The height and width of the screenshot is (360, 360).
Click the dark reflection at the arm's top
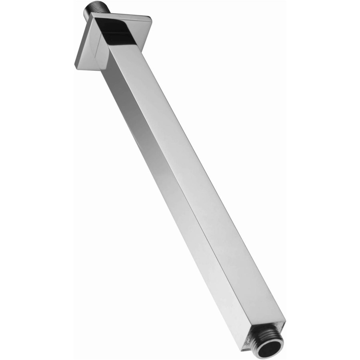tap(118, 34)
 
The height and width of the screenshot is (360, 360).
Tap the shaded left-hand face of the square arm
tap(176, 192)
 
